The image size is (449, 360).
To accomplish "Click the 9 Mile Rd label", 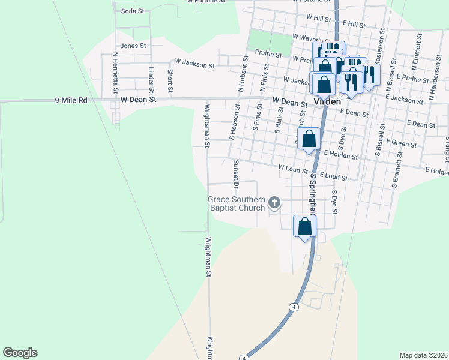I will point(71,100).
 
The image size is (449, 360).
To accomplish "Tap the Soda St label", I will point(133,11).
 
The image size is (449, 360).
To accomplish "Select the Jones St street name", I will point(133,46).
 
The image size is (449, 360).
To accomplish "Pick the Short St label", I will point(170,80).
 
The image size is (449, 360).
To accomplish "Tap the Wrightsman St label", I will point(206,125).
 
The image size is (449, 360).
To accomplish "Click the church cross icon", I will point(274,203).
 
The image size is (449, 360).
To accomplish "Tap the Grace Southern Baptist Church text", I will point(236,203).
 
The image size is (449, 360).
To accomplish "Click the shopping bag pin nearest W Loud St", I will point(309,139).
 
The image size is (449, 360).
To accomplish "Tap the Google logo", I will point(20,353).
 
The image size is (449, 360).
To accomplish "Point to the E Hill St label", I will point(354,24).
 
